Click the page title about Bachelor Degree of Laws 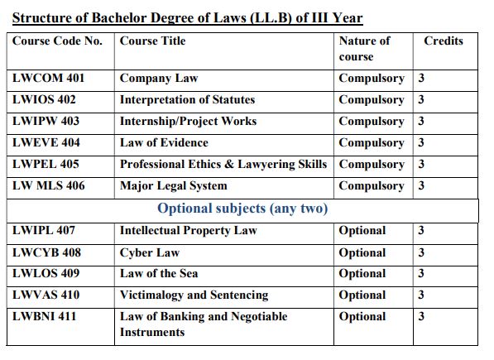click(187, 17)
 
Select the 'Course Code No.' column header click(58, 41)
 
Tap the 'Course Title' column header click(153, 41)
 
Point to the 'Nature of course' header click(364, 49)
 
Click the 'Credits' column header click(444, 41)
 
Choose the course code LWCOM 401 click(49, 79)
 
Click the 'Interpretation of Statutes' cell click(187, 100)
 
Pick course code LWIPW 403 click(47, 122)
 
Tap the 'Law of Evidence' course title click(164, 143)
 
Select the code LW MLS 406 click(49, 186)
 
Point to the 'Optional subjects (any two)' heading click(242, 209)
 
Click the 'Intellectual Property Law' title click(189, 231)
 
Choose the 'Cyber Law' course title click(150, 252)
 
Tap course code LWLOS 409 click(47, 274)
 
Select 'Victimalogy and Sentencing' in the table click(194, 295)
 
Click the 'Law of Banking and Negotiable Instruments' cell click(204, 324)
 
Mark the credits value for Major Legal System click(421, 186)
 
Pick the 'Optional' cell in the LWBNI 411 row click(362, 317)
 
